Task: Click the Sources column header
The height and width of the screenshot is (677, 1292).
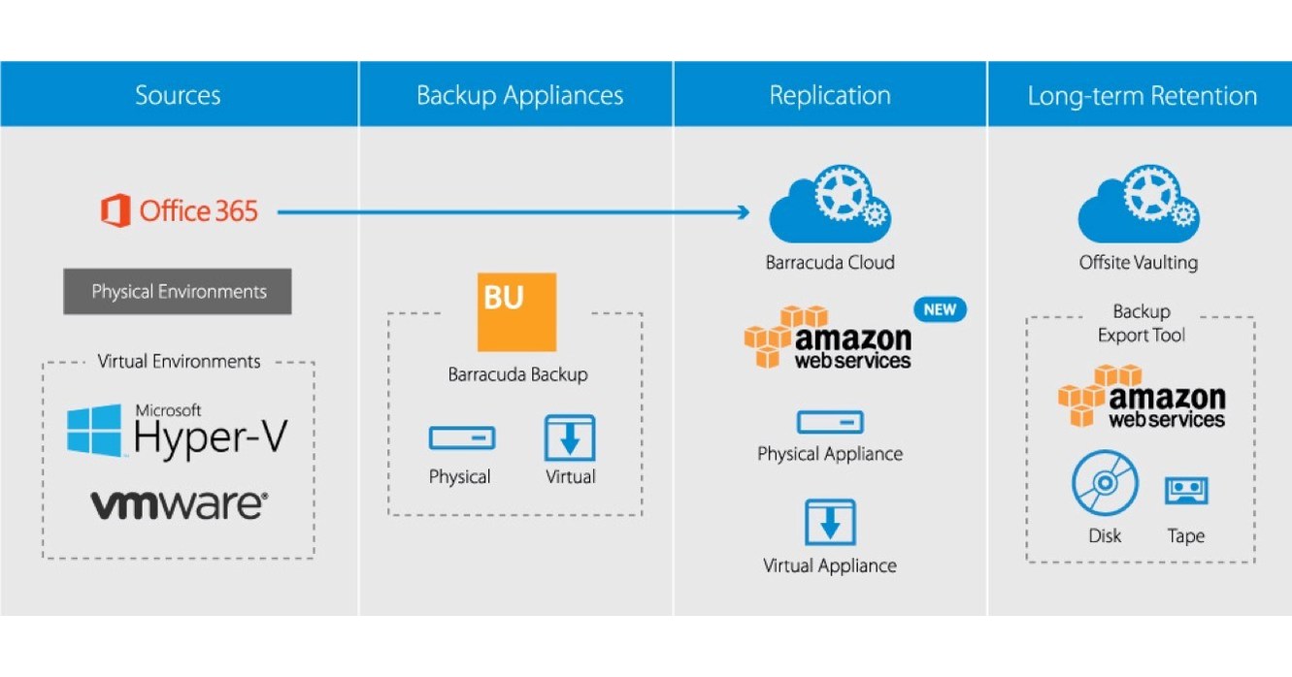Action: [x=178, y=95]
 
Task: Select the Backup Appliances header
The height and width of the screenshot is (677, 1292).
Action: [x=519, y=95]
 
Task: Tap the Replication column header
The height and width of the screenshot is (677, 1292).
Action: [x=830, y=95]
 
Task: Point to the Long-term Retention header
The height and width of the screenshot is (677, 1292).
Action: [x=1142, y=96]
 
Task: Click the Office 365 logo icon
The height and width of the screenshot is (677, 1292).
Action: [x=116, y=210]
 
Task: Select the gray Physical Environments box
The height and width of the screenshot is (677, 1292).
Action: [x=178, y=291]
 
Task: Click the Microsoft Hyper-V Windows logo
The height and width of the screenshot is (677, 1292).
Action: [x=95, y=431]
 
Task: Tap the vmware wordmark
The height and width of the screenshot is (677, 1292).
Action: [x=179, y=504]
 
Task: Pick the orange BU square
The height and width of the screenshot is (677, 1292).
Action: [x=517, y=312]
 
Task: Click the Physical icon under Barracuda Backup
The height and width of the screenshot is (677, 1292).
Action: [x=461, y=437]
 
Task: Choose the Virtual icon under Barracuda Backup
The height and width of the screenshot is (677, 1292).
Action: [x=570, y=437]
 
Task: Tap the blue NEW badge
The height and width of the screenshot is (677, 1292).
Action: [x=940, y=310]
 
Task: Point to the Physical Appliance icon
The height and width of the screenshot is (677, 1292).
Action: [x=830, y=422]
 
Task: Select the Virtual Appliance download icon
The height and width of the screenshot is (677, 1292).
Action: [x=830, y=522]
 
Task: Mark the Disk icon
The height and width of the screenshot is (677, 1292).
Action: [x=1105, y=484]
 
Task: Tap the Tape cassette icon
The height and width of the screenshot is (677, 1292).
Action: [x=1185, y=490]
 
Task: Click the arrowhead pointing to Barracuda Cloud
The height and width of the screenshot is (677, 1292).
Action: [x=744, y=211]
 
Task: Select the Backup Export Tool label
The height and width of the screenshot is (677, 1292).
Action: [x=1142, y=323]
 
